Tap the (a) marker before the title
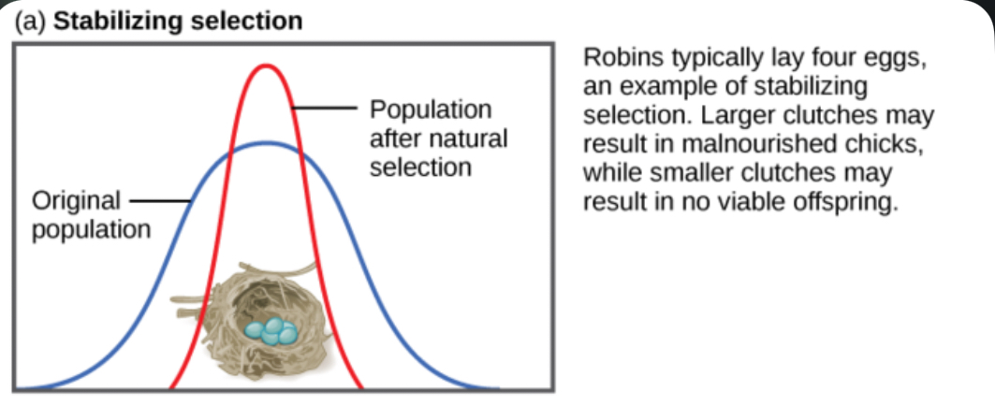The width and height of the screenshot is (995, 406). [31, 22]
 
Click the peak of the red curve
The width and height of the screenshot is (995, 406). [267, 65]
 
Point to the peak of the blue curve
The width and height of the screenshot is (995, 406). [267, 143]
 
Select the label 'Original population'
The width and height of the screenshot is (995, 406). [92, 215]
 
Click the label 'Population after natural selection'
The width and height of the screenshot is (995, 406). [438, 138]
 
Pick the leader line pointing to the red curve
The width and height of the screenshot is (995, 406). [325, 109]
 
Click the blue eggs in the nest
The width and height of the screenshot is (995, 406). [271, 330]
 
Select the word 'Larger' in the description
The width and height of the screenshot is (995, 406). [742, 117]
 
